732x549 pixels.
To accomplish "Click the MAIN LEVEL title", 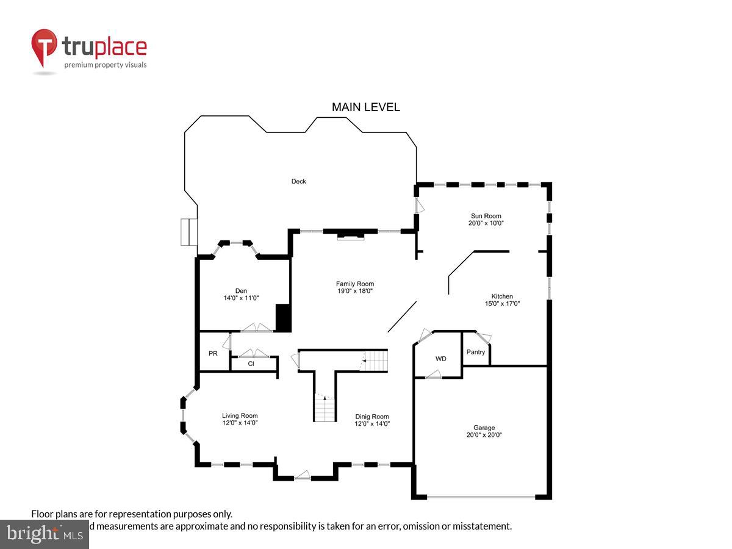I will [365, 107].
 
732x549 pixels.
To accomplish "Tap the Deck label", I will [298, 181].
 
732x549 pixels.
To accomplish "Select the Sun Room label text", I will [486, 216].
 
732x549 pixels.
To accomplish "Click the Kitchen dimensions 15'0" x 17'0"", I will [502, 304].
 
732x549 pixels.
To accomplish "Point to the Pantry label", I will [476, 352].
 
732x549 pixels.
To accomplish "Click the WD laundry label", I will [440, 359].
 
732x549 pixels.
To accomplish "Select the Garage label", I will [484, 428].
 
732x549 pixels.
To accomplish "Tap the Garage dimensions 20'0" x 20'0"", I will [484, 436].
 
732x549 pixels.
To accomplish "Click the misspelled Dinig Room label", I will [372, 417].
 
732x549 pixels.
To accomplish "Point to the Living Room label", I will [240, 415].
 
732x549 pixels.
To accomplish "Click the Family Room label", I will [354, 284].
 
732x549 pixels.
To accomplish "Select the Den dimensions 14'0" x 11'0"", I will [241, 298].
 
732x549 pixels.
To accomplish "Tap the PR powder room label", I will [213, 353].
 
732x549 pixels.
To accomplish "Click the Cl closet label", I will [251, 364].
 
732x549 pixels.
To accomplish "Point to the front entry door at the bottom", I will [303, 475].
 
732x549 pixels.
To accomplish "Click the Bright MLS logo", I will [44, 534].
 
